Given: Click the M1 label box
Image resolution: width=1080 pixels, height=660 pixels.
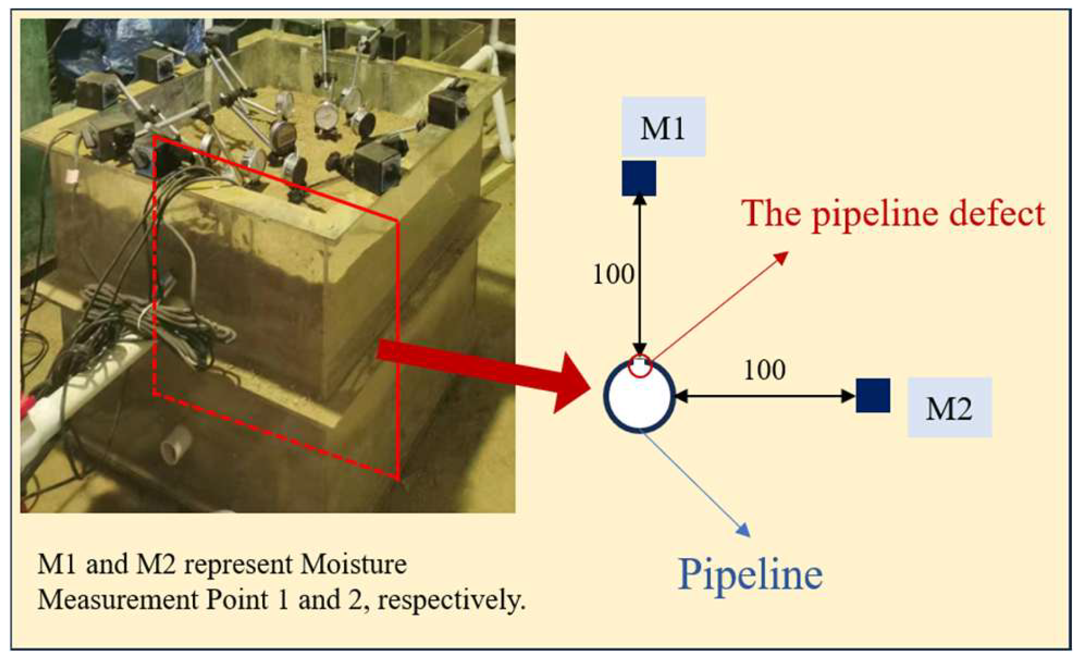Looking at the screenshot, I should (x=663, y=127).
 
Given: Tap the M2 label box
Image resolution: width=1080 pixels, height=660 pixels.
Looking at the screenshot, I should (x=949, y=408).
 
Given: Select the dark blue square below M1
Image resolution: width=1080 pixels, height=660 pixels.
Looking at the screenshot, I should (x=639, y=178).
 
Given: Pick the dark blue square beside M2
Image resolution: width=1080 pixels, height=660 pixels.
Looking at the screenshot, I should (x=873, y=395).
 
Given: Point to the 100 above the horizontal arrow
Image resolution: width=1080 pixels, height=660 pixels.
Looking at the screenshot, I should (x=764, y=369).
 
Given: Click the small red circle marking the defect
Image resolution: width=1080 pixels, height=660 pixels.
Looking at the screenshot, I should (x=640, y=366).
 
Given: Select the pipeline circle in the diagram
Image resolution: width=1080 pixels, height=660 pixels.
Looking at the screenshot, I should (x=639, y=397).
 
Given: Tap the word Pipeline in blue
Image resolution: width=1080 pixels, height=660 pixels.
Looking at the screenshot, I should (x=750, y=574).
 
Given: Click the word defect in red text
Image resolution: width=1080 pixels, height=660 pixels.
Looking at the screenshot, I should (x=997, y=213).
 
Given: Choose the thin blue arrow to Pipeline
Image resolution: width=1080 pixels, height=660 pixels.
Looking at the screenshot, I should (x=697, y=483).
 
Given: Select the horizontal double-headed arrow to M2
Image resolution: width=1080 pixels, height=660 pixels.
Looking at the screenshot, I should (x=764, y=397).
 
